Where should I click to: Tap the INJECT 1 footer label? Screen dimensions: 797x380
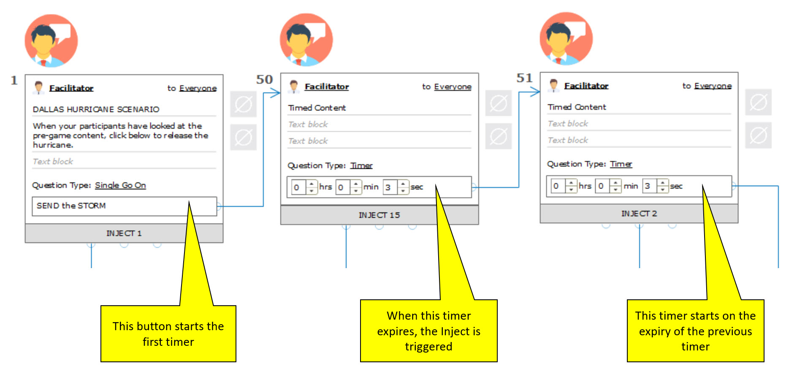tap(124, 233)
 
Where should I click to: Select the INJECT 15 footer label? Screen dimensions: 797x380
tap(379, 215)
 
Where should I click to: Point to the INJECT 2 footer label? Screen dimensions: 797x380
tap(639, 214)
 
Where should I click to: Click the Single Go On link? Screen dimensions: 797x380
tap(120, 185)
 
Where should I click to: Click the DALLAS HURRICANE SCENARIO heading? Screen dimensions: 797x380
tap(96, 109)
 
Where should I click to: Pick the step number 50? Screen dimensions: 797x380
tap(264, 79)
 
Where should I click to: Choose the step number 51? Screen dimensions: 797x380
tap(524, 78)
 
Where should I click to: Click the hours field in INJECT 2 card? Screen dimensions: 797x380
tap(557, 186)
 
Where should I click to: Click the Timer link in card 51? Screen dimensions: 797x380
tap(621, 164)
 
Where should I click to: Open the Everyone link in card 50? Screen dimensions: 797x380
tap(453, 87)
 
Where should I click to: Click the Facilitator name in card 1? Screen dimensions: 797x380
tap(71, 88)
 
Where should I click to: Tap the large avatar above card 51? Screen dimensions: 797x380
tap(566, 38)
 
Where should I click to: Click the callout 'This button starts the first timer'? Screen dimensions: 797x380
tap(168, 334)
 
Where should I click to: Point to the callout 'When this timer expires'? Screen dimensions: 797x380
tap(428, 331)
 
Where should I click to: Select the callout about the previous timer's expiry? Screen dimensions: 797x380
tap(695, 331)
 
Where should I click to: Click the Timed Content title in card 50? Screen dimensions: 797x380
tap(317, 108)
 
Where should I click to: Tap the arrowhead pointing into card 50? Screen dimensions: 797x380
tap(276, 93)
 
